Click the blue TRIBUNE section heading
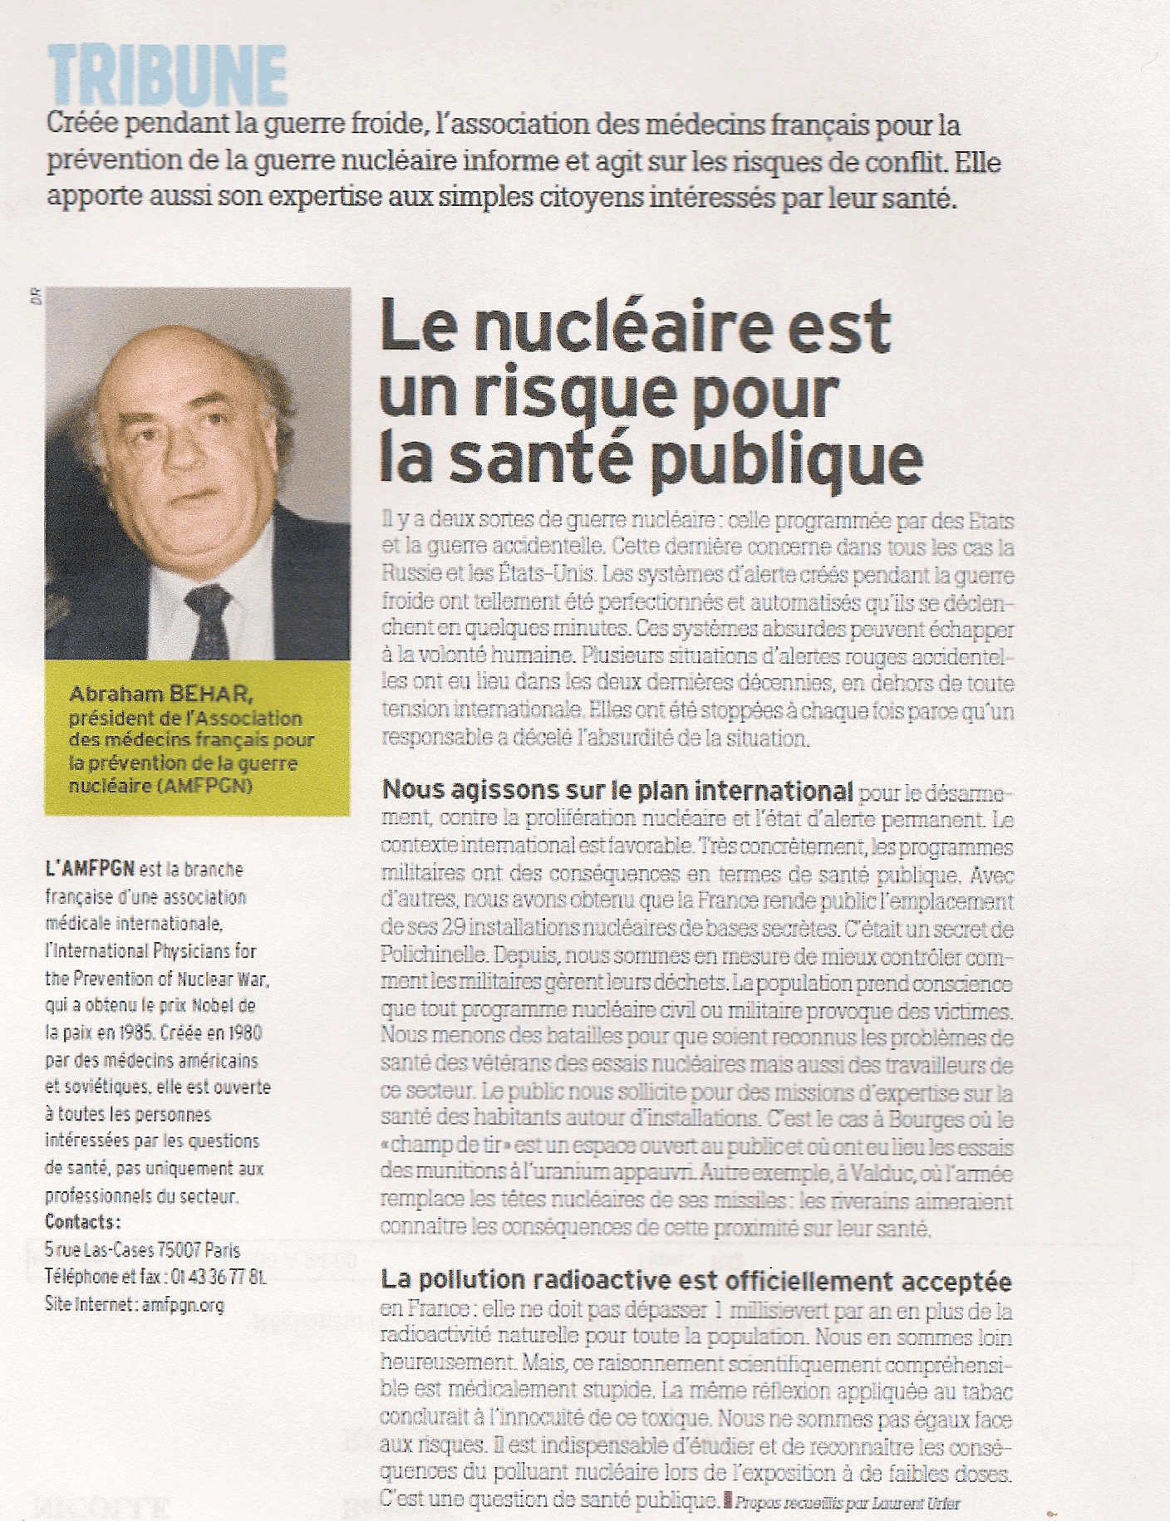tap(167, 76)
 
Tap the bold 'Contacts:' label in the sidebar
tap(83, 1222)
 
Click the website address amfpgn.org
tap(183, 1304)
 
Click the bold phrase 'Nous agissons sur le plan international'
tap(617, 789)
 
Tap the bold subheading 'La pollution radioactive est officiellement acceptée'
tap(696, 1280)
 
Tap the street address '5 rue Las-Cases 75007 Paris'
tap(142, 1249)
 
